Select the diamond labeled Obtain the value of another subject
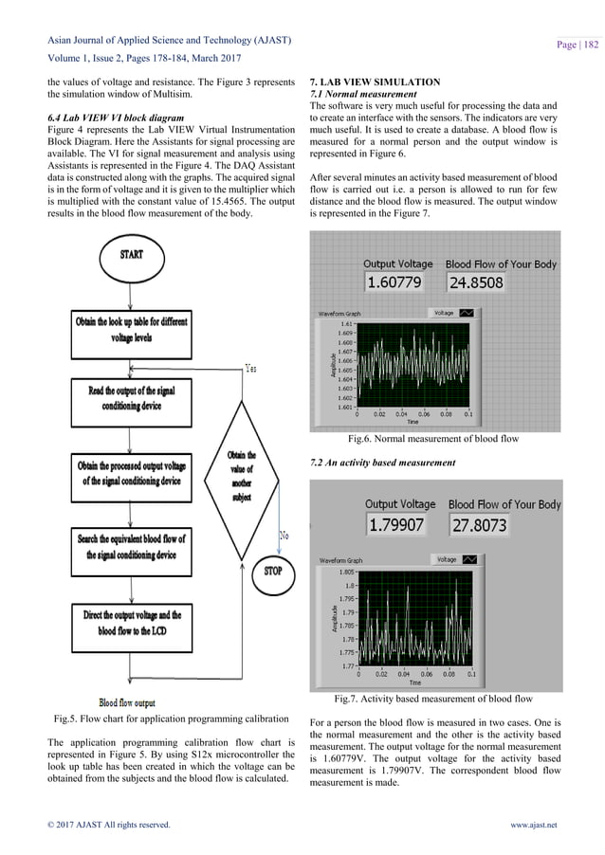pos(241,480)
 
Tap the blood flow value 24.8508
pos(476,282)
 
